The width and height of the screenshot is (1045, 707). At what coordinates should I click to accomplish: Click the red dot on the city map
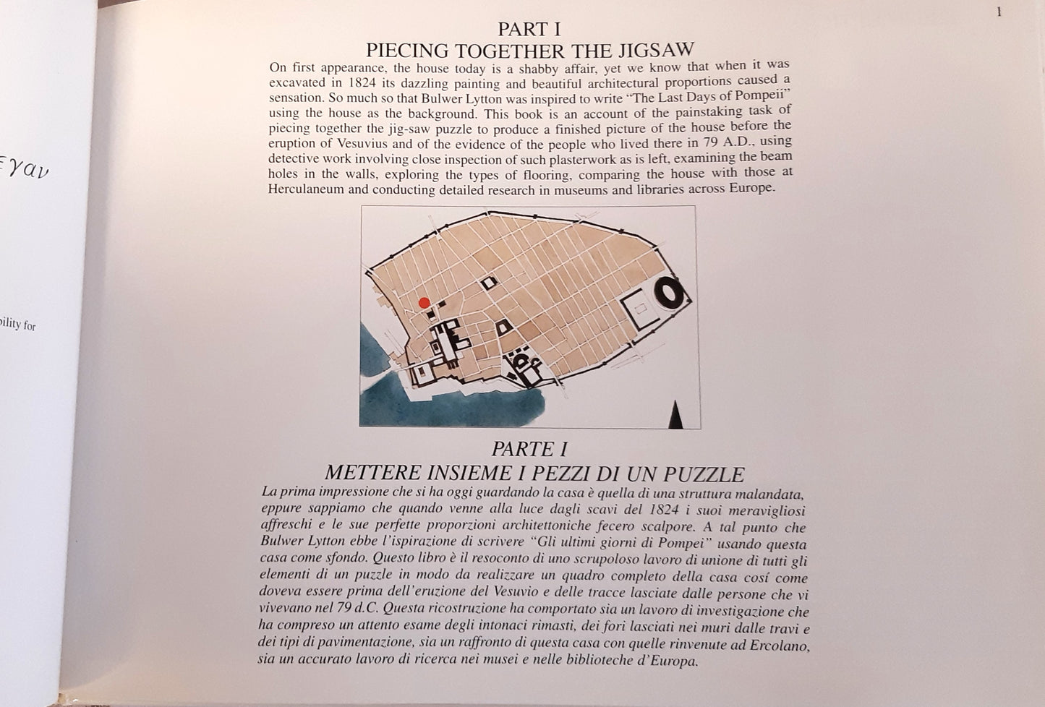tap(424, 303)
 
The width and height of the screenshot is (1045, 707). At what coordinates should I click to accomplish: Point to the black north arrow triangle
tap(675, 414)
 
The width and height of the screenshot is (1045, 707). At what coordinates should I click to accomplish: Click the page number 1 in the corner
tap(999, 12)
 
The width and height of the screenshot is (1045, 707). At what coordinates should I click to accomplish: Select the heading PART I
tap(529, 29)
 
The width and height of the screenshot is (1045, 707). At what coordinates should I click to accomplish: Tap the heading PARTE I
tap(529, 449)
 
